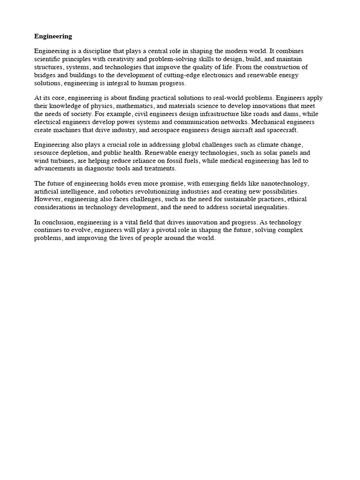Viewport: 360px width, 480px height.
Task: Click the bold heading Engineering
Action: [53, 36]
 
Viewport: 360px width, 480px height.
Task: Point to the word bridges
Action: [45, 75]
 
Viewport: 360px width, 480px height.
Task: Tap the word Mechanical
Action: [273, 122]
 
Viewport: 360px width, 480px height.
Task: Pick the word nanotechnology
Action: [295, 184]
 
